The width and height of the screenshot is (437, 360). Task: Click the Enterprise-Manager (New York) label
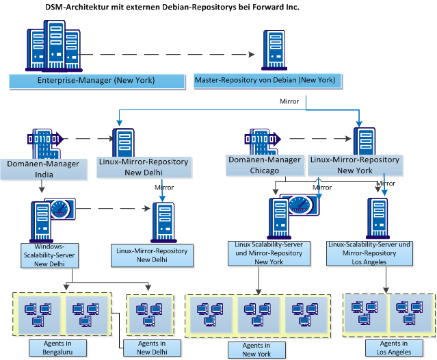[x=96, y=81]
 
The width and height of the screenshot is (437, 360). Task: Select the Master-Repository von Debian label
[x=265, y=80]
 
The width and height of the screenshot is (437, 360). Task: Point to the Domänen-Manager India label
[x=42, y=169]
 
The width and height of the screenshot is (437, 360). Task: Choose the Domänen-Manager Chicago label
[x=264, y=165]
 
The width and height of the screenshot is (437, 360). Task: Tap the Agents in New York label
[x=256, y=350]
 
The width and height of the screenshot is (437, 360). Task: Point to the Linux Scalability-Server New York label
[x=259, y=253]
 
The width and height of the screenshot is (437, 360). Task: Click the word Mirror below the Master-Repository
[x=289, y=101]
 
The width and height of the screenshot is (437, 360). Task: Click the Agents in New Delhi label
[x=152, y=348]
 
